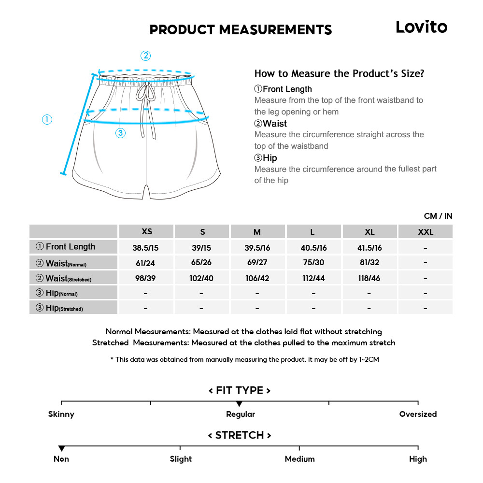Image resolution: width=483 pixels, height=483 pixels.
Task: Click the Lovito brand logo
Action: pos(421,27)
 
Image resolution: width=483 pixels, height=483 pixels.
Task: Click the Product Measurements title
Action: pos(241,30)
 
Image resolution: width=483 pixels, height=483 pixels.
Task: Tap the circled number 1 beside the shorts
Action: pos(47,119)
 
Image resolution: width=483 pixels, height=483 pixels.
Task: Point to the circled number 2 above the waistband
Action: pos(145,56)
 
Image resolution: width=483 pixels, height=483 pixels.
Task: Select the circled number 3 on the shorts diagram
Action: pos(121,133)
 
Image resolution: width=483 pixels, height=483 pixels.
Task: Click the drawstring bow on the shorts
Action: pos(143,92)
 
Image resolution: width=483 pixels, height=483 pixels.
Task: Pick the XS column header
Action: pos(146,231)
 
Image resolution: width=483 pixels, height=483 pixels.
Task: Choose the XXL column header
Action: pos(425,232)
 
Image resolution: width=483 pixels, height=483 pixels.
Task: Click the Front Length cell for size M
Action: pos(257,248)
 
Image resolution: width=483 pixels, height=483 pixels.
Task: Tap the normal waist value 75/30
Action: pos(313,263)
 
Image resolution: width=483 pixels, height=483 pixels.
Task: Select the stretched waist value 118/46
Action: pos(369,278)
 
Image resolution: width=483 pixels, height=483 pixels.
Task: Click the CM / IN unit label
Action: pos(438,216)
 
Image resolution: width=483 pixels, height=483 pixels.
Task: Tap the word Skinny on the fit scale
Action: pos(61,414)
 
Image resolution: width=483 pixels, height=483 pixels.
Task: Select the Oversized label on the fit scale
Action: pos(418,414)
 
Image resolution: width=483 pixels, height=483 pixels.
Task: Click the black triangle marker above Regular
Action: pos(239,404)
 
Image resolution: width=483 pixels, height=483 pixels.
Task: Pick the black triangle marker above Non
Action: pos(61,449)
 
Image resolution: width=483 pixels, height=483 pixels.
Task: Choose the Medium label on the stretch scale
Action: pos(299,459)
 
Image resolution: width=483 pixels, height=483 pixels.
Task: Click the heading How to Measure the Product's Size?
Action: pos(339,74)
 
